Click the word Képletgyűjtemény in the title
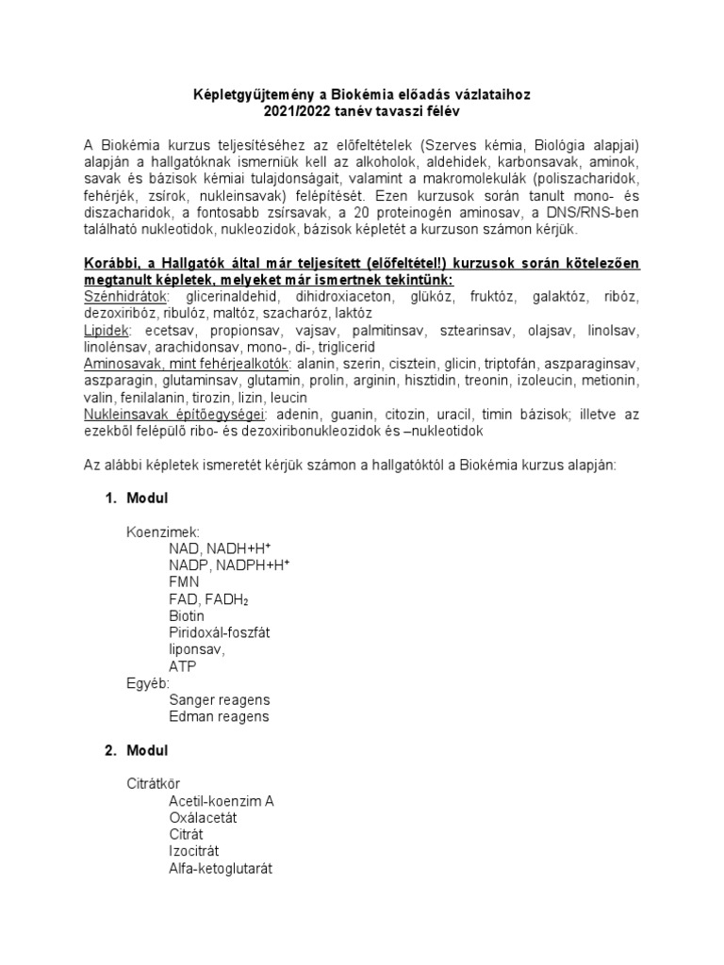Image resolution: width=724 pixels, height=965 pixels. [x=238, y=95]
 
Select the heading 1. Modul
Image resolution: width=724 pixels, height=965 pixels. [x=136, y=498]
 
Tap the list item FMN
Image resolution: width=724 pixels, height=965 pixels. [x=185, y=581]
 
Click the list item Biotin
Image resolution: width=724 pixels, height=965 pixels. [x=187, y=615]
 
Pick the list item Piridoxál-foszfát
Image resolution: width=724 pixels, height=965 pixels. [x=220, y=632]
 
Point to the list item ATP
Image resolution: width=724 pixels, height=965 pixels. [x=183, y=666]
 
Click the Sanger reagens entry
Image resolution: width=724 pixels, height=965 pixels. [x=219, y=699]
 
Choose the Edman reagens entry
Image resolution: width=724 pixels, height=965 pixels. [x=219, y=716]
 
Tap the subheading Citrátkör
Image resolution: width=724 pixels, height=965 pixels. [x=153, y=783]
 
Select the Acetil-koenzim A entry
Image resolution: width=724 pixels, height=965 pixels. [x=222, y=801]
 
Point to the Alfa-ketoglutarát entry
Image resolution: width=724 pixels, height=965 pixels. [x=221, y=868]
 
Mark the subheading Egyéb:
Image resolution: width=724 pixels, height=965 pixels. [x=148, y=683]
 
